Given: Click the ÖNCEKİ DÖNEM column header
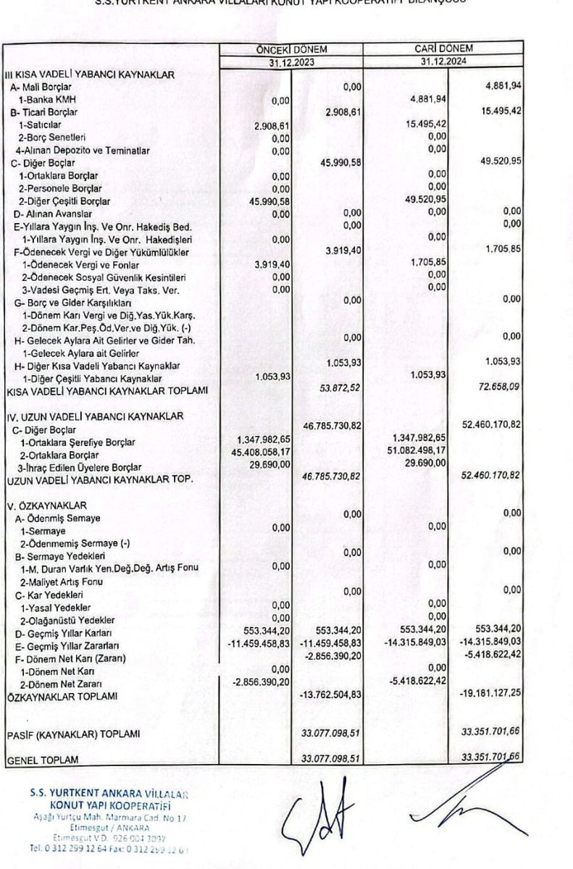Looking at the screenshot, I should [291, 49].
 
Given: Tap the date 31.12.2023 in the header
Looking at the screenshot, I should [291, 62].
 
